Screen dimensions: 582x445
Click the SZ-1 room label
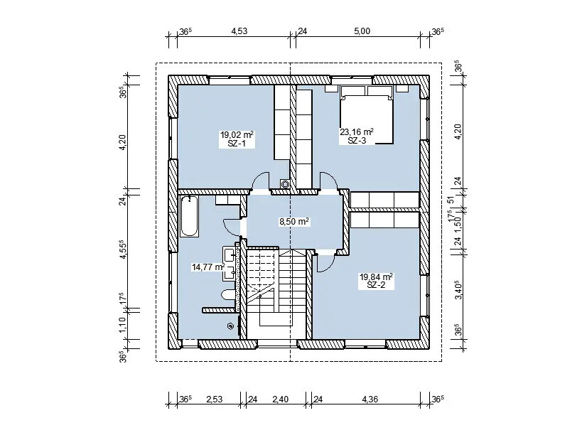click(x=237, y=144)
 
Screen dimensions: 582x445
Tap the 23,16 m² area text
click(x=357, y=132)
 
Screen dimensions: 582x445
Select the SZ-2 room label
click(x=376, y=285)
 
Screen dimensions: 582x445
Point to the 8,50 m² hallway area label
click(x=294, y=222)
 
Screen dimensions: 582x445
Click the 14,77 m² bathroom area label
click(x=208, y=267)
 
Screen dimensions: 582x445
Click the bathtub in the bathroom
click(x=189, y=216)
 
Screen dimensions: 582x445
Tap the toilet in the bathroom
click(x=229, y=296)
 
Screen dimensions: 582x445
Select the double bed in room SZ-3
click(x=367, y=114)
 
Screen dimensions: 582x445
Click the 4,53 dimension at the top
click(x=239, y=31)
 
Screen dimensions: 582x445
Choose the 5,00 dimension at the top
click(x=362, y=31)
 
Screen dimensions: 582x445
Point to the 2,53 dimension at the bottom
click(x=214, y=400)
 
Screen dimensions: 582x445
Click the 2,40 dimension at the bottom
click(x=280, y=400)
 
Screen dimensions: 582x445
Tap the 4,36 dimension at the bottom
click(x=370, y=400)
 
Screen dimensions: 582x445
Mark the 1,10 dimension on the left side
click(x=123, y=324)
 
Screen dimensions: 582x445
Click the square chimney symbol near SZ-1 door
click(x=285, y=183)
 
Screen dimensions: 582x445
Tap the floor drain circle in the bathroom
click(x=230, y=326)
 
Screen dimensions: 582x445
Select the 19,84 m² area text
click(x=376, y=277)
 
